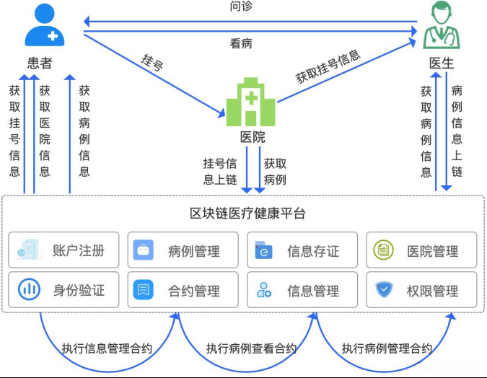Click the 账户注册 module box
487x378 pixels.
coord(63,250)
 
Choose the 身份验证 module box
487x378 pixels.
coord(63,290)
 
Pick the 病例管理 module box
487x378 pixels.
coord(183,250)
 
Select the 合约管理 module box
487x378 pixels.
coord(183,290)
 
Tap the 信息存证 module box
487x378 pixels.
coord(302,250)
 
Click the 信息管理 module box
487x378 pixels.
coord(302,290)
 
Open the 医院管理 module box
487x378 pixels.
coord(421,250)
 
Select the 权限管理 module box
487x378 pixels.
coord(421,290)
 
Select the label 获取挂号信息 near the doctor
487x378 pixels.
coord(328,66)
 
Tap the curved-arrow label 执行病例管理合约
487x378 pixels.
coord(387,348)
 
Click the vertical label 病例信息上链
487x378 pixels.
coord(457,131)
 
